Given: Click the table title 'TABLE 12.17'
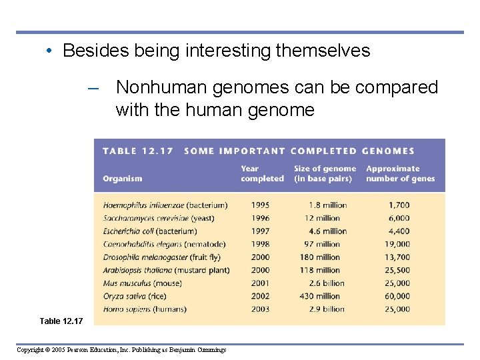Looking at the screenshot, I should coord(137,151).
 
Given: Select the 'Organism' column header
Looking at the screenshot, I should coord(123,179).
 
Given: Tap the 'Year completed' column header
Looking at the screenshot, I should coord(261,174).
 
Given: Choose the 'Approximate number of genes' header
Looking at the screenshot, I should coord(400,174).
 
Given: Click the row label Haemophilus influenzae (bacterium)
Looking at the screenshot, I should coord(165,205).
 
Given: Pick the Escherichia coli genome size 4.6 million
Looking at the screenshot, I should coord(327,231).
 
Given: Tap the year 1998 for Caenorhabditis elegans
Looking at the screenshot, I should coord(261,245).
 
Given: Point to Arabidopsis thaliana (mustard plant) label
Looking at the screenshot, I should coord(166,270).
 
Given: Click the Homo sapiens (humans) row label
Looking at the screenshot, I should coord(145,309).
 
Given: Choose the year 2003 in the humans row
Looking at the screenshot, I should coord(261,309).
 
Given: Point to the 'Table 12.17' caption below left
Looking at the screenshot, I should coord(62,321).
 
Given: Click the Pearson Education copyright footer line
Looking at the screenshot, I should coord(121,350).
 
